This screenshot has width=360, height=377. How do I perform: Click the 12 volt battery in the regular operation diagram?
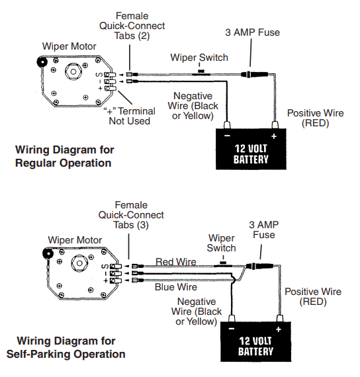[x=251, y=149]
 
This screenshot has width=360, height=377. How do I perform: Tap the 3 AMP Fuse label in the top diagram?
[x=252, y=32]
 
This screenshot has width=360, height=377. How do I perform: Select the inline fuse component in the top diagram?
[x=254, y=74]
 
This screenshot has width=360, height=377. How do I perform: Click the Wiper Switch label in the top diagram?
[x=199, y=58]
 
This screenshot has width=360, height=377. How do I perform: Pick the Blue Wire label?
[x=176, y=287]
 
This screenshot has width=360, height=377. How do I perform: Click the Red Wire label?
[x=176, y=262]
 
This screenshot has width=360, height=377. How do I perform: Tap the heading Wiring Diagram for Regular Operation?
[x=64, y=156]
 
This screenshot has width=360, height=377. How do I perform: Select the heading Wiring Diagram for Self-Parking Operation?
[x=66, y=348]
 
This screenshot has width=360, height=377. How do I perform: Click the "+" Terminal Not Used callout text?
[x=130, y=116]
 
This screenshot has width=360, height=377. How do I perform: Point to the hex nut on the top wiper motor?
[x=73, y=71]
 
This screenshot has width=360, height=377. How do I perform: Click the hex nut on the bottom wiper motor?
[x=79, y=263]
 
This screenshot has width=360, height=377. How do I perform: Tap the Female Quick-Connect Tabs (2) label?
[x=132, y=26]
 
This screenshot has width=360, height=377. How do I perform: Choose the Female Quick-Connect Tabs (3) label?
[x=131, y=215]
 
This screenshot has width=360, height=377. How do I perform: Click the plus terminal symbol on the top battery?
[x=274, y=136]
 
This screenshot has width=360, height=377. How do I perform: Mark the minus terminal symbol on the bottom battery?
[x=232, y=329]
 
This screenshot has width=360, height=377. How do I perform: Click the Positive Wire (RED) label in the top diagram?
[x=315, y=118]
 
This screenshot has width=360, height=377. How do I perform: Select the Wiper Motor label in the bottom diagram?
[x=75, y=240]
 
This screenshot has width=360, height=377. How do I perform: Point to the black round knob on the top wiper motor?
[x=42, y=62]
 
